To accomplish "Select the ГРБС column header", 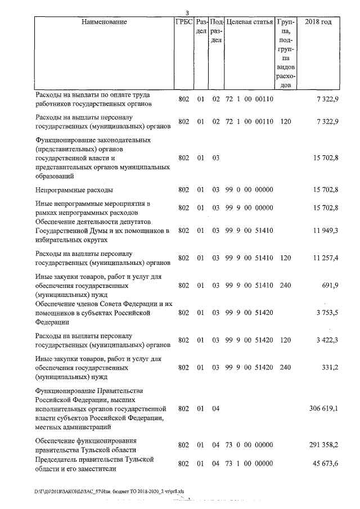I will point(183,22).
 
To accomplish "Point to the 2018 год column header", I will point(318,22).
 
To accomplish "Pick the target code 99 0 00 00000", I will point(249,190).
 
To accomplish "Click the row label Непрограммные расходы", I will point(74,190).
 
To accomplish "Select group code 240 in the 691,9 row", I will point(285,286).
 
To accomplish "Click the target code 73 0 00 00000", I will point(249,445).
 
